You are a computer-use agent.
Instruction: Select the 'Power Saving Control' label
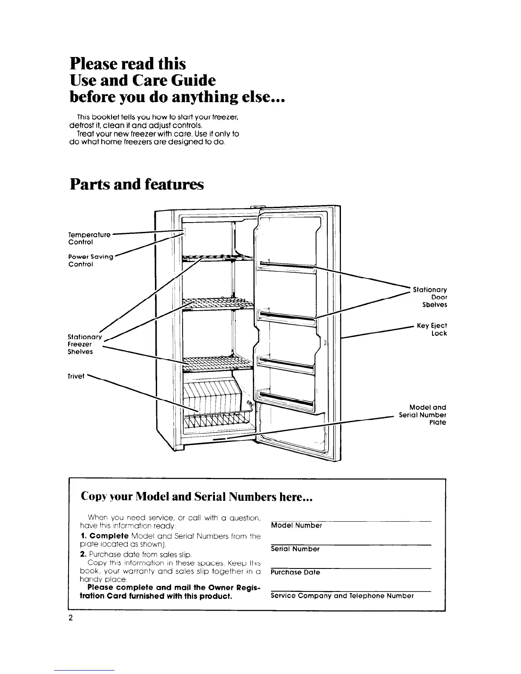[x=91, y=260]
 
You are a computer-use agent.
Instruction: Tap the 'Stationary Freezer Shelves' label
[x=85, y=344]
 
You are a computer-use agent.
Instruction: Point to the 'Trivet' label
[x=77, y=376]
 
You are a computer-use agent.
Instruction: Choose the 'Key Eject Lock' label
[x=432, y=329]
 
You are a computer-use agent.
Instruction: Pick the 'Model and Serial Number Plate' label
[x=423, y=415]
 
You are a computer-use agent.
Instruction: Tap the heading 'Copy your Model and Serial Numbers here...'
[x=197, y=497]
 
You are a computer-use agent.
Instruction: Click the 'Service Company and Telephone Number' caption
[x=342, y=596]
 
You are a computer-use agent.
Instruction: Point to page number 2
[x=71, y=618]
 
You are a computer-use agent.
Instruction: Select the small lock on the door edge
[x=325, y=343]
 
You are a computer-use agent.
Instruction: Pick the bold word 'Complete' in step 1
[x=108, y=536]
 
